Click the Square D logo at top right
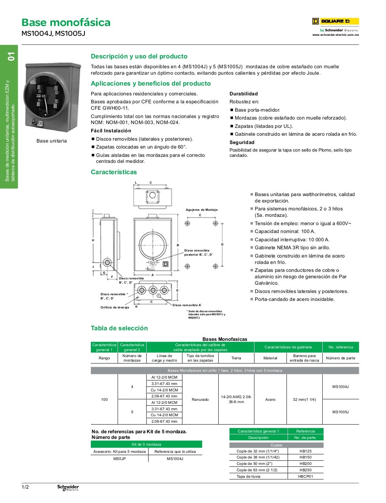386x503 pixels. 335,21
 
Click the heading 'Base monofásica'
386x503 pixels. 66,23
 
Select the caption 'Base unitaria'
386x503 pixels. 52,141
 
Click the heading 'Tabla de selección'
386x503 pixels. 119,328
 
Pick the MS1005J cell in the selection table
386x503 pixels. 340,412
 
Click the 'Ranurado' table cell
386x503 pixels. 200,399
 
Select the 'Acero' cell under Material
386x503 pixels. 270,399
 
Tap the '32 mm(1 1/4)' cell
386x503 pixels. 304,399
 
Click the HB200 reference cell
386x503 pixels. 305,464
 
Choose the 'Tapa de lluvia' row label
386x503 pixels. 248,477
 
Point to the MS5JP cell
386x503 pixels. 119,459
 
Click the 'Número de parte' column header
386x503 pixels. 340,358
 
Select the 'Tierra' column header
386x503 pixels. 236,358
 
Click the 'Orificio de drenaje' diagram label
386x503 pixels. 115,307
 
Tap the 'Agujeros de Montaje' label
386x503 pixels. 202,210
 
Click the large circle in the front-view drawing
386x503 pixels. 153,245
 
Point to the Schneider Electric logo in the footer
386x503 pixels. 68,488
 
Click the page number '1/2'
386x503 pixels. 25,487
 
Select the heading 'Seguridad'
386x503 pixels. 242,143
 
